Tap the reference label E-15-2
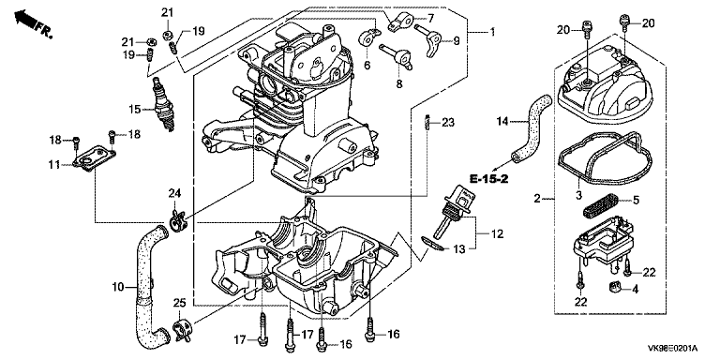point(488,179)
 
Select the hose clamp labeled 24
point(176,221)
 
